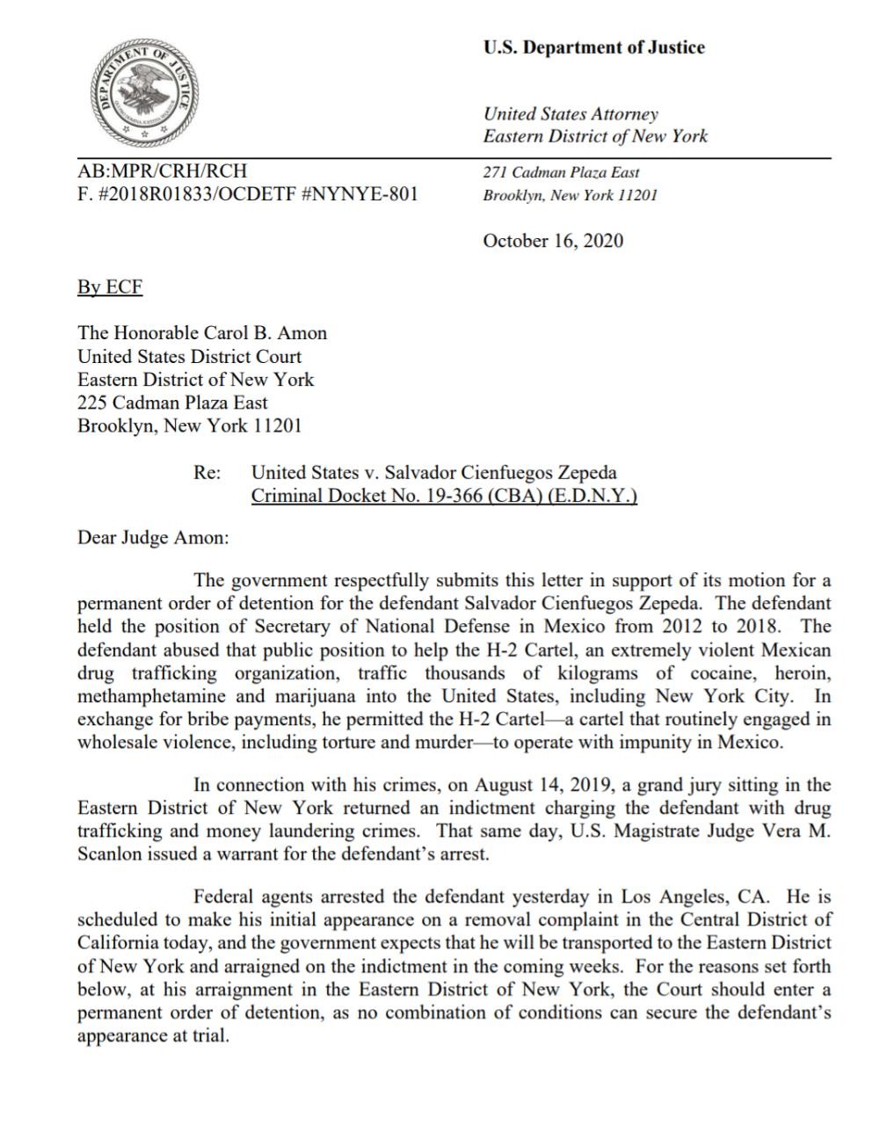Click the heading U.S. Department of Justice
click(x=593, y=47)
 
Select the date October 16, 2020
click(x=553, y=241)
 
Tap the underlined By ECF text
click(x=110, y=287)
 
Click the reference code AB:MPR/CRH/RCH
click(x=163, y=171)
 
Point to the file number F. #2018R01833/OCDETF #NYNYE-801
click(x=247, y=194)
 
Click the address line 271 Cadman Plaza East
click(x=561, y=172)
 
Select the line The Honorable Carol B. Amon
click(x=202, y=333)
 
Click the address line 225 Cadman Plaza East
click(x=172, y=403)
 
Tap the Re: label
click(x=207, y=473)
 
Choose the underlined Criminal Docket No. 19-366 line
click(x=444, y=496)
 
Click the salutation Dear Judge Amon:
click(x=153, y=537)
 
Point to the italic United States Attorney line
click(x=571, y=113)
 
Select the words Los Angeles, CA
click(x=695, y=897)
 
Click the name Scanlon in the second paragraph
click(x=109, y=853)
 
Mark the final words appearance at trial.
click(x=153, y=1035)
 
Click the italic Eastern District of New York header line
click(x=595, y=136)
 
